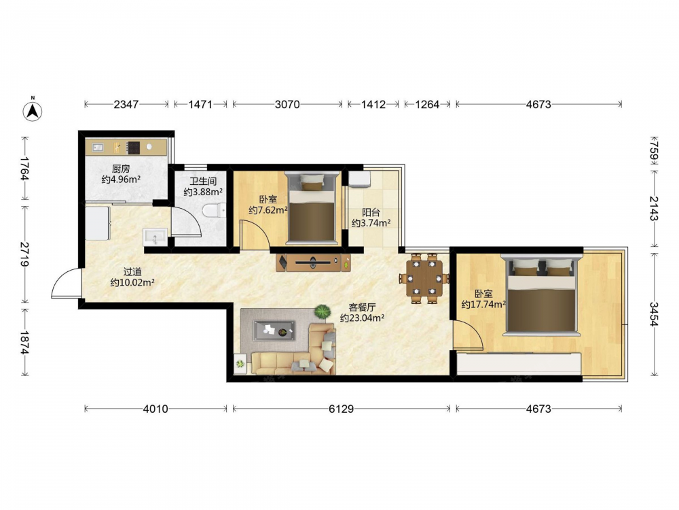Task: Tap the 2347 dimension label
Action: tap(126, 105)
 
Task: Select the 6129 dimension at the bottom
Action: tap(342, 409)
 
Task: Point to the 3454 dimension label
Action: tap(654, 314)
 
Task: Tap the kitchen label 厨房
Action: tap(121, 169)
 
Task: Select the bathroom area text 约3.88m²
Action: tap(203, 192)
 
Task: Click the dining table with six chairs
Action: tap(424, 278)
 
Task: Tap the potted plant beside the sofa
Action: tap(323, 312)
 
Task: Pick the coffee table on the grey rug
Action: tap(274, 330)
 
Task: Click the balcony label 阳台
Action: tap(371, 212)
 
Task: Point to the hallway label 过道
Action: tap(132, 272)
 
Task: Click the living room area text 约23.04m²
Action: tap(363, 318)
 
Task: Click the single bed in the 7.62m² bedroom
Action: tap(312, 207)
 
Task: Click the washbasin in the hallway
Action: tap(155, 237)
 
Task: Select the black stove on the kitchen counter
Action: tap(133, 148)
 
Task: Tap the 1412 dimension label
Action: tap(373, 105)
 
